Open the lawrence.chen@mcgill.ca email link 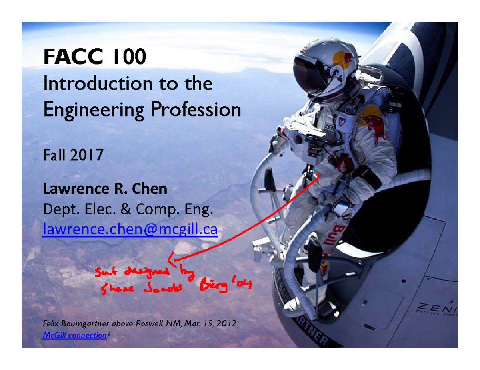(x=130, y=230)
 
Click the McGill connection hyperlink (x=74, y=335)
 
